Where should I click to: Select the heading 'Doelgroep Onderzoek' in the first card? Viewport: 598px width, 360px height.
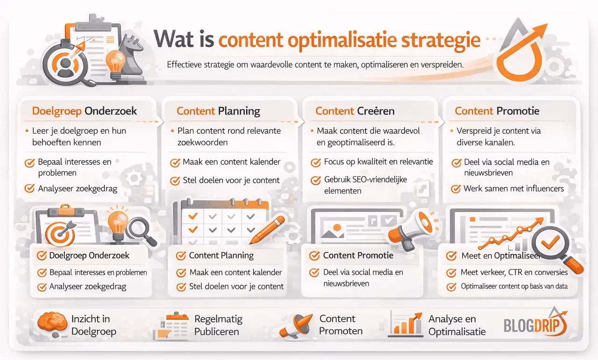(x=85, y=111)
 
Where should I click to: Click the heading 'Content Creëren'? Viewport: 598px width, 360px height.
(x=355, y=111)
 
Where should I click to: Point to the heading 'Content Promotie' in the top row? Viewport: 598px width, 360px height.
(x=497, y=111)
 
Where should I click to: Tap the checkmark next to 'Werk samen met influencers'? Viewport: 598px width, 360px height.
(x=456, y=189)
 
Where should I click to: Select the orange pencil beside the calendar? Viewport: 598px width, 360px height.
(x=267, y=230)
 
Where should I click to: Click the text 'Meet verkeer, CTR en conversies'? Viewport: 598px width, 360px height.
(x=514, y=272)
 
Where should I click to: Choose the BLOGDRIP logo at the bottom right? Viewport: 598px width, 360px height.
(x=535, y=324)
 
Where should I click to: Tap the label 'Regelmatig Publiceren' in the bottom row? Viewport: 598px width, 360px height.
(x=218, y=325)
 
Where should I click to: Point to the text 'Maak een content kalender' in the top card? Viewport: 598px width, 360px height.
(x=232, y=162)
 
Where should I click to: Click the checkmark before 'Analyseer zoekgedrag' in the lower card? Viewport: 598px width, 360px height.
(x=42, y=287)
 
